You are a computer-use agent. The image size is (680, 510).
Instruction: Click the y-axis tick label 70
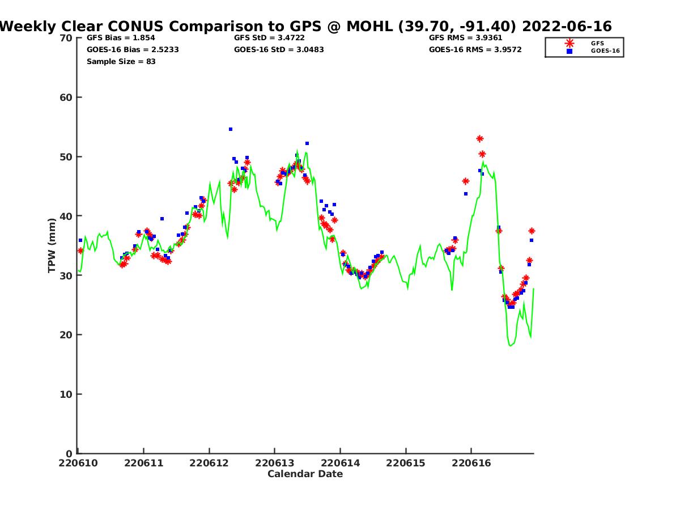66,38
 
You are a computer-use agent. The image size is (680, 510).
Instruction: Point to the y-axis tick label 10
66,394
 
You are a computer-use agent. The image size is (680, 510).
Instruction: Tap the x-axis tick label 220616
471,463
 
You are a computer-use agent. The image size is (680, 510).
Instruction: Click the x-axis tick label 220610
78,463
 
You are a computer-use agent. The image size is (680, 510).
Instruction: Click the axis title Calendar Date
305,474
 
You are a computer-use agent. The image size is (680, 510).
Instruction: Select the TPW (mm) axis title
52,245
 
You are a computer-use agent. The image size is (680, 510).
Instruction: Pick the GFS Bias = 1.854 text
121,38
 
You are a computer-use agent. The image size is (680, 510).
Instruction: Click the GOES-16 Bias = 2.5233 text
133,49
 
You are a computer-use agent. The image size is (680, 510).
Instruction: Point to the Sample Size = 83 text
121,61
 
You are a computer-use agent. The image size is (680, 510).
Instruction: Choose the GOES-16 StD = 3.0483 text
279,49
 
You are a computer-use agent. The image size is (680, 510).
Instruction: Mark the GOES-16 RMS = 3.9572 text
475,49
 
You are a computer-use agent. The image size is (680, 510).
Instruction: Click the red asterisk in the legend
569,43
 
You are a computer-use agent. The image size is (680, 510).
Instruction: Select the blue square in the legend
569,51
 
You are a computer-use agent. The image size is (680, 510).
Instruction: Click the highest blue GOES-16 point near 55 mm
231,129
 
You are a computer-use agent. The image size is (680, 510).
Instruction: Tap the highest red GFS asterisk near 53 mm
480,139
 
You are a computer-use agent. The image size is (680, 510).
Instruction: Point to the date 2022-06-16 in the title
567,26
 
